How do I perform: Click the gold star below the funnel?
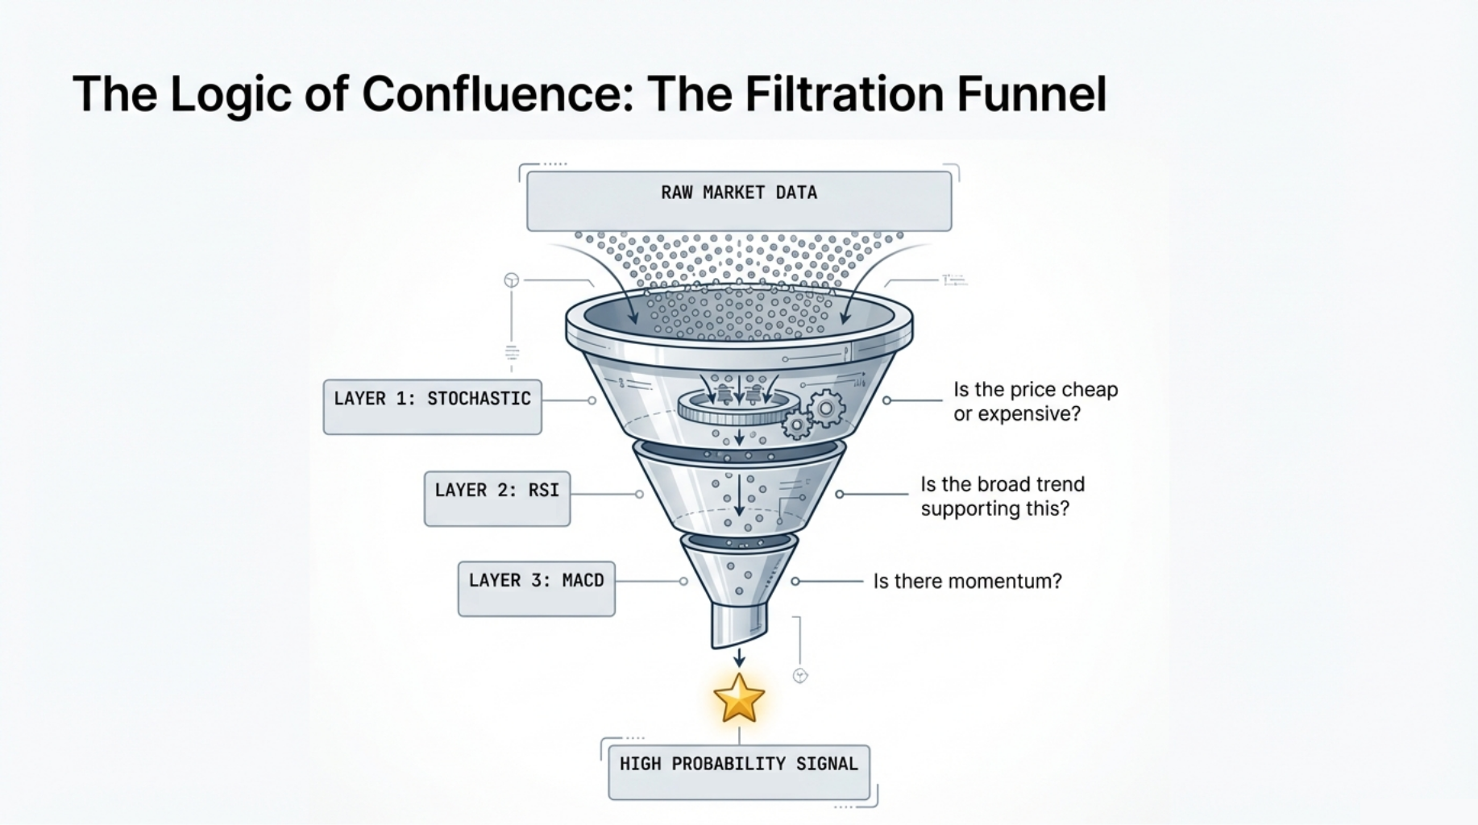(x=738, y=698)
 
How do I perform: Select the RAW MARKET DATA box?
(x=738, y=201)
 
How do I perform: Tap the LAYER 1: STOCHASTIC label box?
(x=432, y=407)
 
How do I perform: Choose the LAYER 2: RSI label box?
(x=496, y=499)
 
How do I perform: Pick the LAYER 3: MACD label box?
(x=536, y=589)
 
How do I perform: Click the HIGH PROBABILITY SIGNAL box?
(x=738, y=772)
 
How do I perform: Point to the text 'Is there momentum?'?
(x=967, y=581)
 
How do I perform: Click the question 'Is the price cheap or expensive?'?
(x=1035, y=401)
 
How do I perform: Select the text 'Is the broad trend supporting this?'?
(x=1002, y=496)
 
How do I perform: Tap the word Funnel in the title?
(x=1032, y=93)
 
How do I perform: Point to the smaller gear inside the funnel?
(x=796, y=424)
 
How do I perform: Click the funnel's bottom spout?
(x=738, y=624)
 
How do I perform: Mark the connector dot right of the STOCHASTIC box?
(x=592, y=400)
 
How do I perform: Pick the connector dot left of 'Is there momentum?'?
(x=795, y=581)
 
